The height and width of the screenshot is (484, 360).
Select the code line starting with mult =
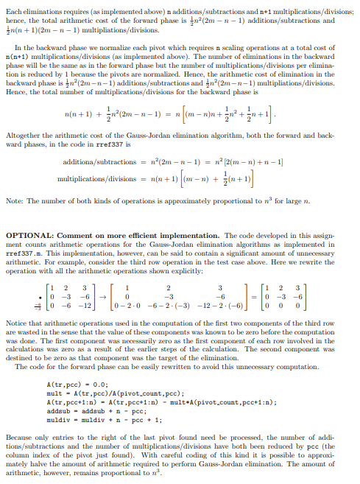(96, 393)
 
